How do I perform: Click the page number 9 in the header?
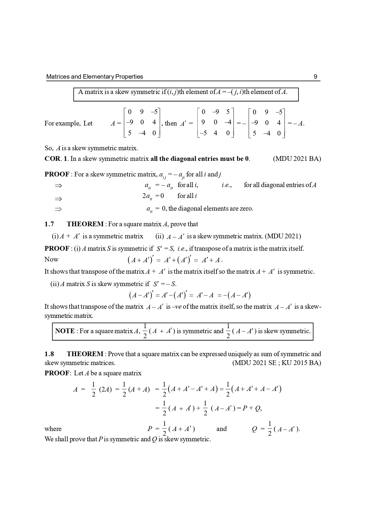click(315, 77)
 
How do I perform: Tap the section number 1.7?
click(49, 224)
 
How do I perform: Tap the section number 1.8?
click(49, 354)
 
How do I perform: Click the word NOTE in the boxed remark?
click(65, 331)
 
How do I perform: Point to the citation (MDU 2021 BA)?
click(297, 159)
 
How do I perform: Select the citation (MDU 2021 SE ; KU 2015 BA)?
click(277, 363)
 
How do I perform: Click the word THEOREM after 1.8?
click(85, 354)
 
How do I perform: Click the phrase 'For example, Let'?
click(68, 123)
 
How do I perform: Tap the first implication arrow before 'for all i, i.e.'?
click(58, 186)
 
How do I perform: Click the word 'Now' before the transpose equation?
click(51, 260)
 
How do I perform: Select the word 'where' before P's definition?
click(53, 429)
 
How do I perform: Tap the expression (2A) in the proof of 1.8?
click(105, 389)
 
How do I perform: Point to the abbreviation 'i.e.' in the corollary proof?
click(227, 185)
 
